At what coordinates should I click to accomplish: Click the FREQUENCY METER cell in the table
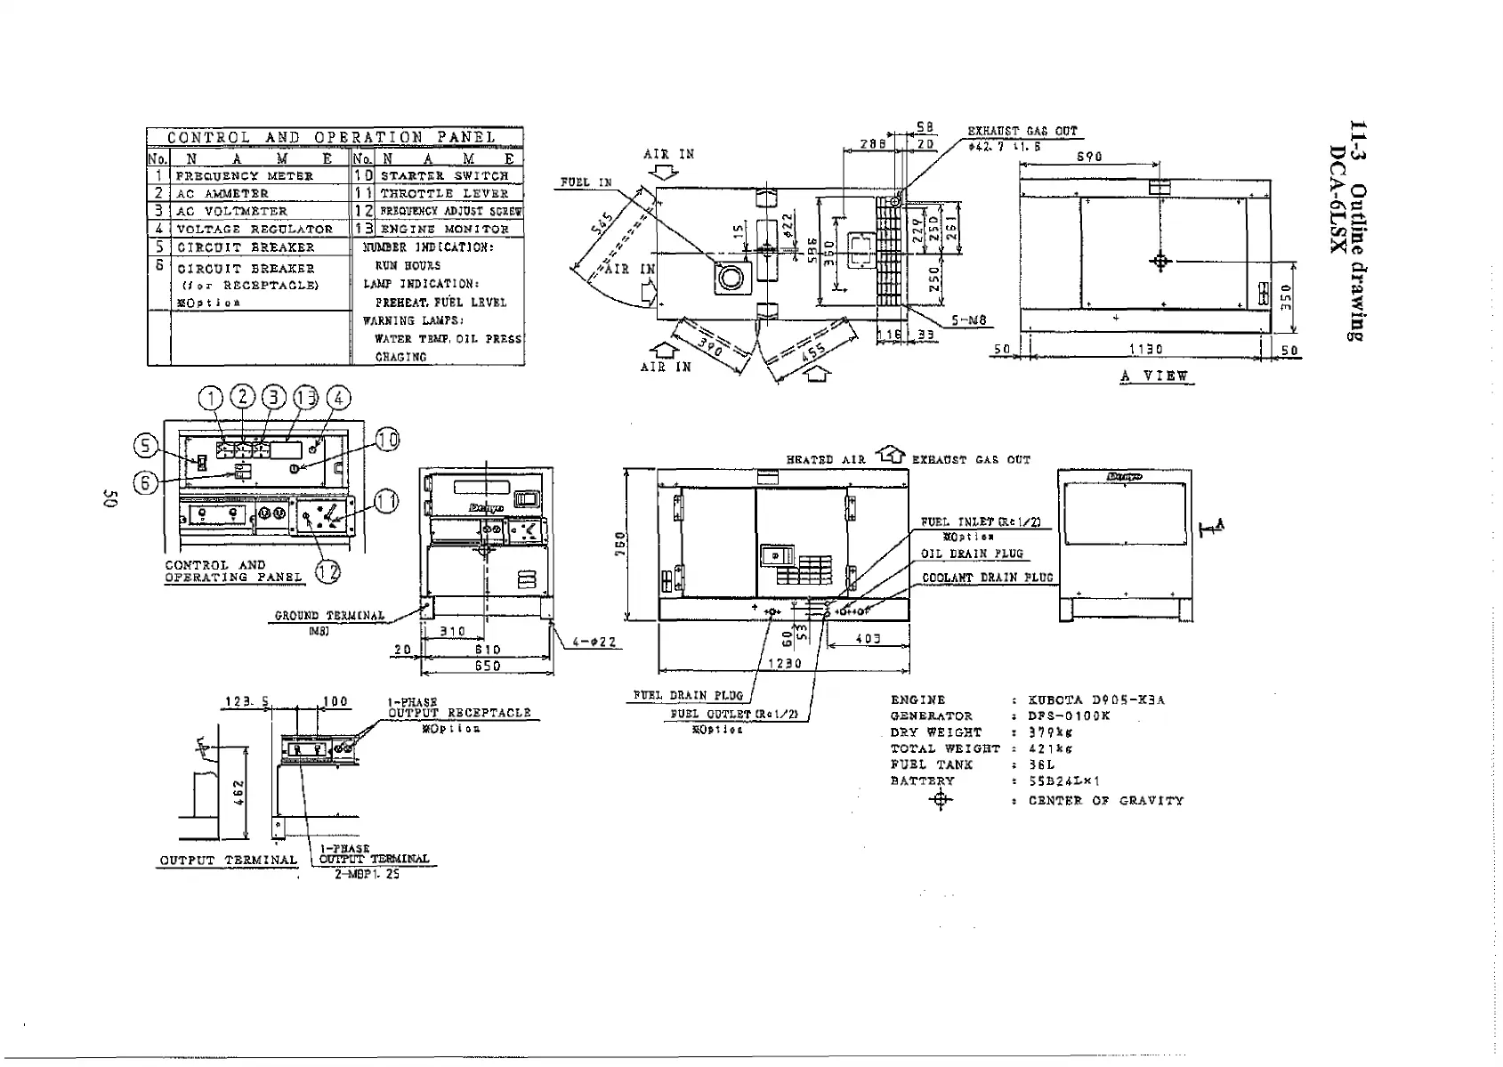(x=245, y=176)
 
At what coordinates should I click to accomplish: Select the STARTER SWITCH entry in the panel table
(x=444, y=176)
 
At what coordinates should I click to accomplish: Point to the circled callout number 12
(x=328, y=571)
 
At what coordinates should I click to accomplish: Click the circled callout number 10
(x=388, y=440)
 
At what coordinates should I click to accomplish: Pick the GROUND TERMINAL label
(x=329, y=615)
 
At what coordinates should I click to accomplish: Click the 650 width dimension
(x=487, y=666)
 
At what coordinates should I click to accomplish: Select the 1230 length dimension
(x=784, y=663)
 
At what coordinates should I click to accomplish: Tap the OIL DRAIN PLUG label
(x=972, y=554)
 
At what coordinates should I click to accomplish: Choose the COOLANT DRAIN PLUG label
(x=987, y=578)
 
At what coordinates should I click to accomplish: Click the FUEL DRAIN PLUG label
(x=688, y=695)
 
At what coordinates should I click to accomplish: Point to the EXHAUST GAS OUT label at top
(x=1022, y=132)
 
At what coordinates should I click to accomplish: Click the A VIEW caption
(x=1154, y=376)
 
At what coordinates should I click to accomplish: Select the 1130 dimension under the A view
(x=1145, y=350)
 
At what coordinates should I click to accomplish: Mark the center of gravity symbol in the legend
(x=941, y=800)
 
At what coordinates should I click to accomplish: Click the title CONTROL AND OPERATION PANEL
(x=332, y=137)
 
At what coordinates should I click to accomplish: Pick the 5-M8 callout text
(x=969, y=321)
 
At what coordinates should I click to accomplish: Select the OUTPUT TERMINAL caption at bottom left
(x=228, y=861)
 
